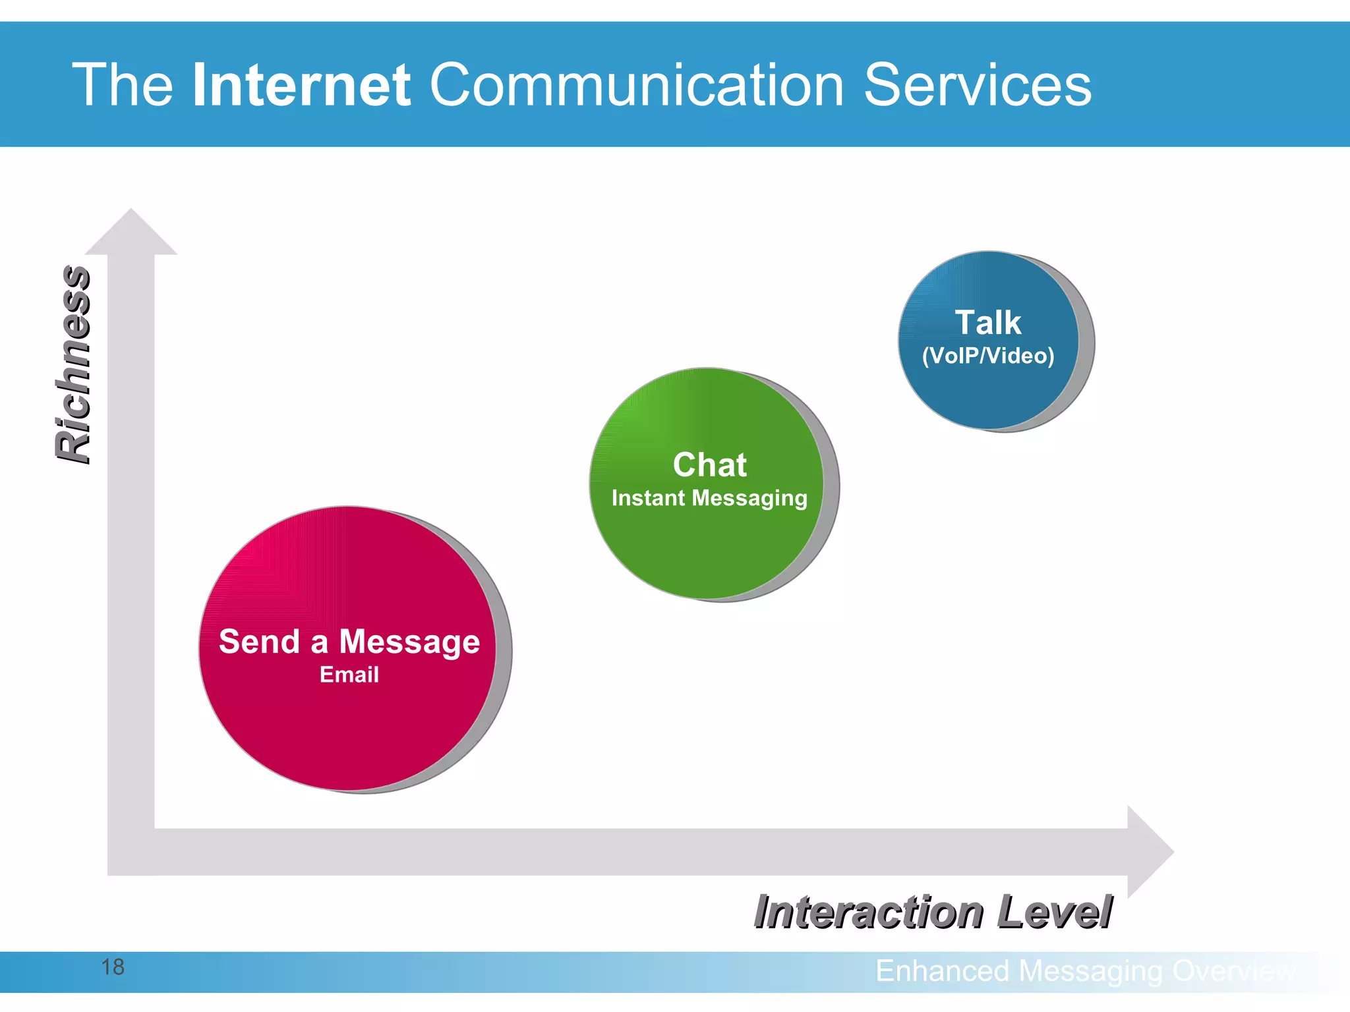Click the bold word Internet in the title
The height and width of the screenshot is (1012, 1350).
point(302,85)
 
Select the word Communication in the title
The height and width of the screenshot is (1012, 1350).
point(637,85)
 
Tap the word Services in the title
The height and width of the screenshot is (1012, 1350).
point(977,85)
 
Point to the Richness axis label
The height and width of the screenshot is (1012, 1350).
point(73,364)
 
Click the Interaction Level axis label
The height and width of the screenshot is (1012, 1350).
point(933,913)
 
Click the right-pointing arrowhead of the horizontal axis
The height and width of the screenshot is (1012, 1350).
point(1150,852)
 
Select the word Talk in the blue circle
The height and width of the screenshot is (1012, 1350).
point(987,323)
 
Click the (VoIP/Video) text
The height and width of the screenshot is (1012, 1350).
point(987,356)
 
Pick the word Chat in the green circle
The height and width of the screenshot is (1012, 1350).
point(709,464)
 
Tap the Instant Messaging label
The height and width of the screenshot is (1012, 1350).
point(709,498)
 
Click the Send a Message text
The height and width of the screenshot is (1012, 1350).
point(349,641)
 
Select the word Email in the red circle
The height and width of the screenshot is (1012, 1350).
point(349,675)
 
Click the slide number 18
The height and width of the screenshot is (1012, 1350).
point(113,967)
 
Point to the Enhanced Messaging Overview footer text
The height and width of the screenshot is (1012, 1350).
point(1085,971)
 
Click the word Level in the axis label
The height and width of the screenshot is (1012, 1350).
point(1054,913)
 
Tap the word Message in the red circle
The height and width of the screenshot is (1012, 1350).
point(409,642)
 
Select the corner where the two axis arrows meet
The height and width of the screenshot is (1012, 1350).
point(131,852)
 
